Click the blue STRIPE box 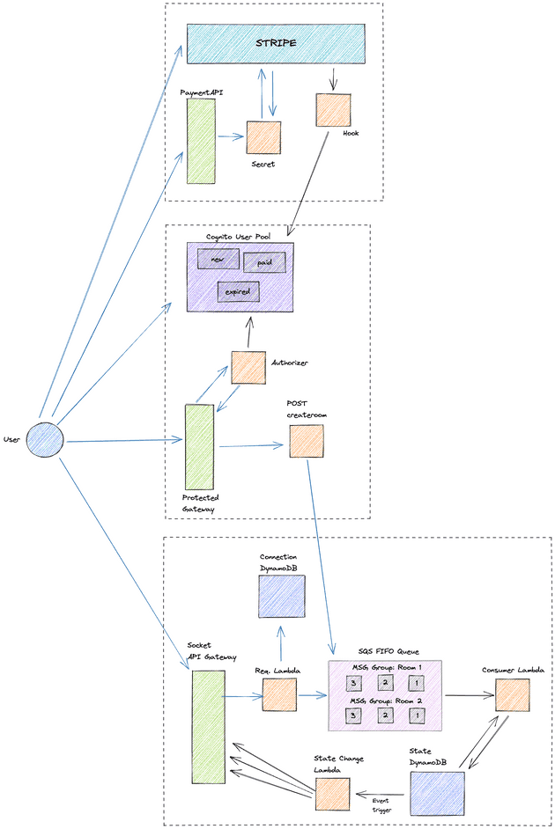pos(276,43)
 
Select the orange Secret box pos(263,138)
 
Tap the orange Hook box pos(332,109)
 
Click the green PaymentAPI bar pos(201,141)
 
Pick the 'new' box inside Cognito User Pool pos(218,258)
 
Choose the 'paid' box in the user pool pos(264,262)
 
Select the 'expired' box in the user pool pos(237,291)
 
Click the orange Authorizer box pos(248,368)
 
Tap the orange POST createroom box pos(306,441)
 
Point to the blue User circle pos(45,438)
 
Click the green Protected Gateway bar pos(199,446)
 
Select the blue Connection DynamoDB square pos(282,596)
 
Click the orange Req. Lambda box pos(280,694)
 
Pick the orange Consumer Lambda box pos(512,694)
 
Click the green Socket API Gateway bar pos(209,726)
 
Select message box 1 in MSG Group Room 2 pos(415,715)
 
